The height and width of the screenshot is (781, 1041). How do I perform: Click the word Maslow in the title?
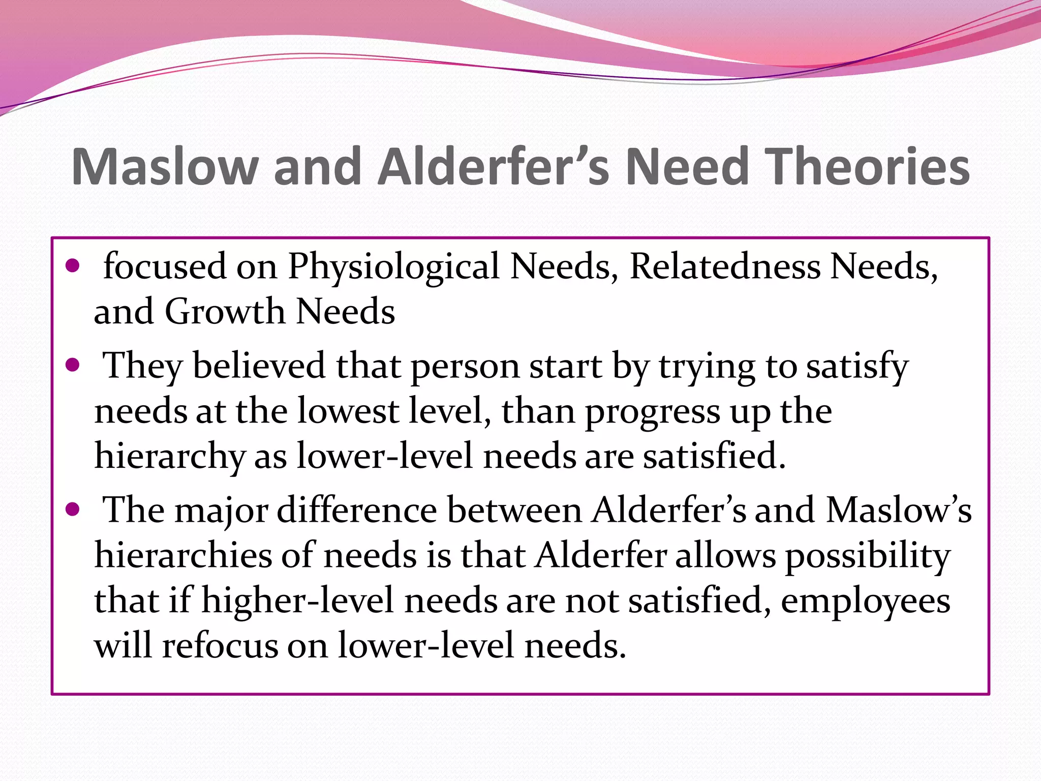[x=165, y=167]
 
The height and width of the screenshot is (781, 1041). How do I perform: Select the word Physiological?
[x=394, y=266]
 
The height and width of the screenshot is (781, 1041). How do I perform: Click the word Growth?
[x=225, y=311]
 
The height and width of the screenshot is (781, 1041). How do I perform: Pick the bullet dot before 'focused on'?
[x=73, y=265]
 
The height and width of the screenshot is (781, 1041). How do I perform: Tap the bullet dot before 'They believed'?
[x=73, y=365]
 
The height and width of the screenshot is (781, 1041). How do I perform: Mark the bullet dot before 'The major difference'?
[x=73, y=509]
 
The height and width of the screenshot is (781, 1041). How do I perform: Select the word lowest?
[x=348, y=410]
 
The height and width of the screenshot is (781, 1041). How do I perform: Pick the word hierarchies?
[x=183, y=555]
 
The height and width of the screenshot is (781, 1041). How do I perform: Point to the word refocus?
[x=220, y=645]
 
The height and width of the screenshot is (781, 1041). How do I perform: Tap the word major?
[x=221, y=510]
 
